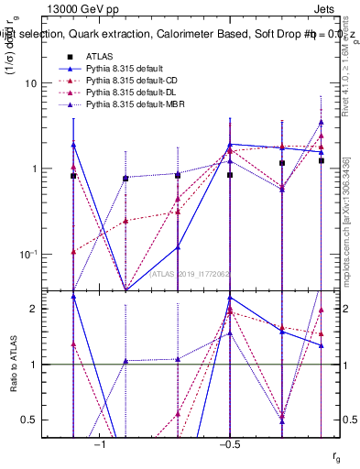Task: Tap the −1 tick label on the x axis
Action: [100, 444]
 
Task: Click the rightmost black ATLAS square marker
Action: [322, 160]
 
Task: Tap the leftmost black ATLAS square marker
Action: [73, 175]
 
